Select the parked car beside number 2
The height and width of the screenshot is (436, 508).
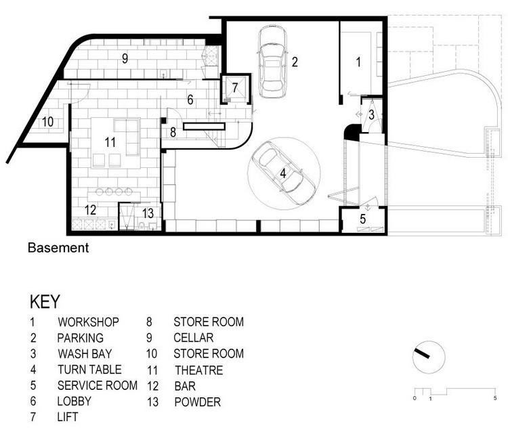[x=272, y=62]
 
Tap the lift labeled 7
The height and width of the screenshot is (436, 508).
[x=235, y=88]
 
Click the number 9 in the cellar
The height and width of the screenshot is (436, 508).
[x=125, y=58]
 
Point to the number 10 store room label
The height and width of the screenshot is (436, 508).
[x=47, y=122]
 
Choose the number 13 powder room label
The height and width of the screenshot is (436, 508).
[x=148, y=213]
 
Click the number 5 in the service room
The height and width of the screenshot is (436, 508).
[x=363, y=219]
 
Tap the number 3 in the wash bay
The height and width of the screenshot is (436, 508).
[x=371, y=114]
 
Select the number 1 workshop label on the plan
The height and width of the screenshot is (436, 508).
[x=358, y=62]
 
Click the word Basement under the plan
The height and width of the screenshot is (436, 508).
[x=58, y=248]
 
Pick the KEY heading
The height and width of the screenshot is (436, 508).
[x=45, y=301]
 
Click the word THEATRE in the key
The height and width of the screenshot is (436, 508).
[x=199, y=370]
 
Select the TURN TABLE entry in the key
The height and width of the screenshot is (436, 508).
[x=89, y=370]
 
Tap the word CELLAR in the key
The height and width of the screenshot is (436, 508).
[x=194, y=338]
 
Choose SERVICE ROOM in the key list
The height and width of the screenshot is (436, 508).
[x=98, y=385]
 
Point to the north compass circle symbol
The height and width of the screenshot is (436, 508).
[x=429, y=357]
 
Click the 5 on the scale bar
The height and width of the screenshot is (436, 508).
[x=495, y=398]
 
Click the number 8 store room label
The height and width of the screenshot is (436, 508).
[x=173, y=132]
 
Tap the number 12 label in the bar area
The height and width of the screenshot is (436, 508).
[x=90, y=210]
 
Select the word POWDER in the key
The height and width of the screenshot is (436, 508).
[x=198, y=402]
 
